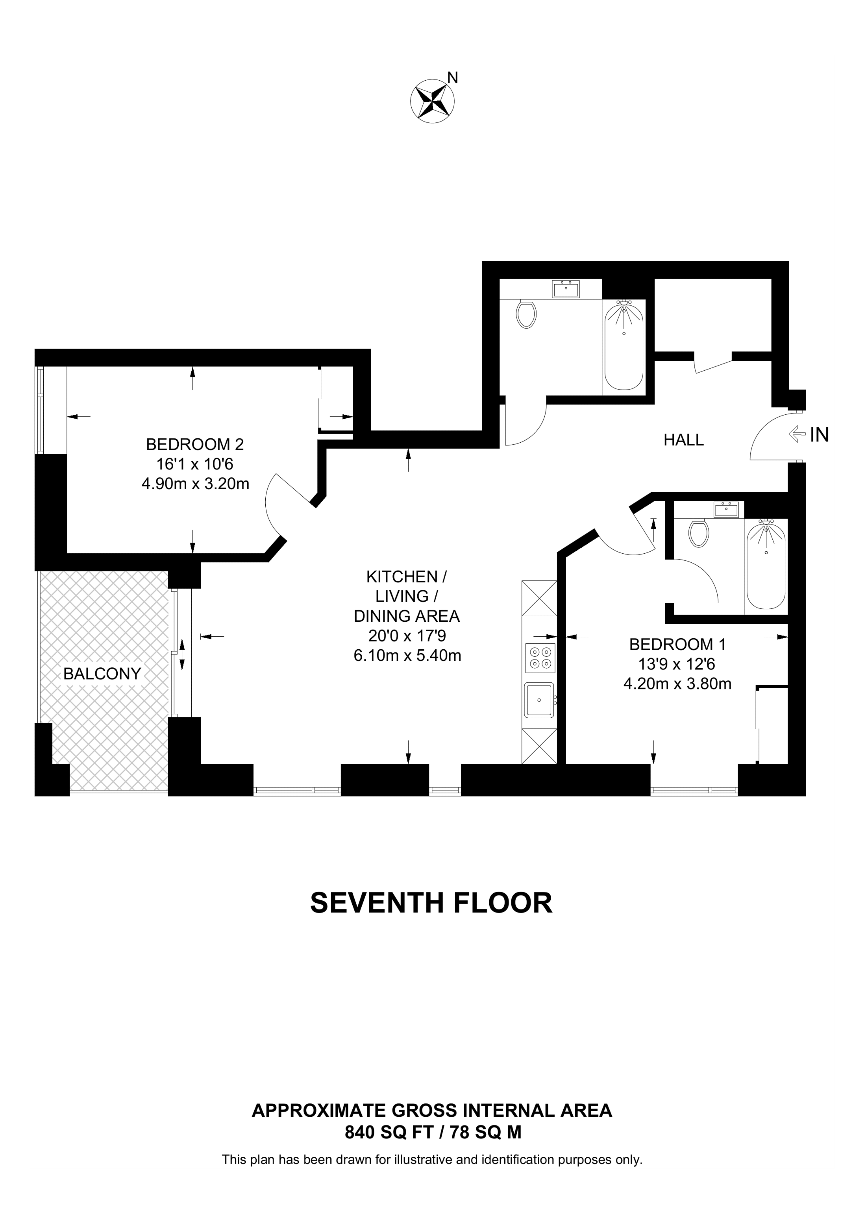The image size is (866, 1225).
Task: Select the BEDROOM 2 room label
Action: (x=195, y=444)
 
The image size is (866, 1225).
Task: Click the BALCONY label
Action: (x=102, y=674)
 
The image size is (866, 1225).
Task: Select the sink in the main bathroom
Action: (x=566, y=290)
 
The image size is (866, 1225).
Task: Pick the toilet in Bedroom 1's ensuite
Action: (x=698, y=532)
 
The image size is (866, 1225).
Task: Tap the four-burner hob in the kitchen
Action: (x=540, y=658)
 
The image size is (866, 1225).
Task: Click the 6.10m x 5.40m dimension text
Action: (x=407, y=655)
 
